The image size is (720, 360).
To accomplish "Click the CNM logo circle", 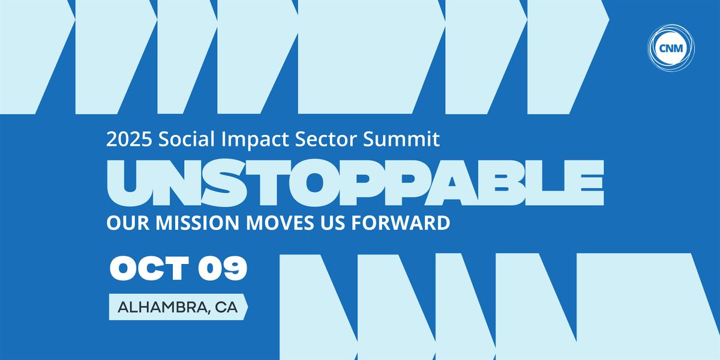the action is click(x=671, y=48).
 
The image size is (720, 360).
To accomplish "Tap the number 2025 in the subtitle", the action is click(x=129, y=139).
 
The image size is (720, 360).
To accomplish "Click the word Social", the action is click(x=187, y=139).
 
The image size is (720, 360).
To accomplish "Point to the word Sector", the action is click(x=326, y=139).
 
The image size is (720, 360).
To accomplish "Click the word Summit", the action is click(x=401, y=139).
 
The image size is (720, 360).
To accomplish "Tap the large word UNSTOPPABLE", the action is click(x=355, y=182).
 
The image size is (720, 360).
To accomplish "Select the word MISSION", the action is click(x=197, y=223).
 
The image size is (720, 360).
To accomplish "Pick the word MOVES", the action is click(x=280, y=223).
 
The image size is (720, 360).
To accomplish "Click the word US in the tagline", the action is click(x=332, y=223).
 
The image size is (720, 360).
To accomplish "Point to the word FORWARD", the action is click(x=401, y=223).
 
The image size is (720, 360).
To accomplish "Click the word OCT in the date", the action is click(x=149, y=268).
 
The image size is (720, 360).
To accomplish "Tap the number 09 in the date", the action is click(x=223, y=268).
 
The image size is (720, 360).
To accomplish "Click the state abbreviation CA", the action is click(x=226, y=307).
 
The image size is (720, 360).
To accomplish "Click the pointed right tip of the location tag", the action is click(x=248, y=307).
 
